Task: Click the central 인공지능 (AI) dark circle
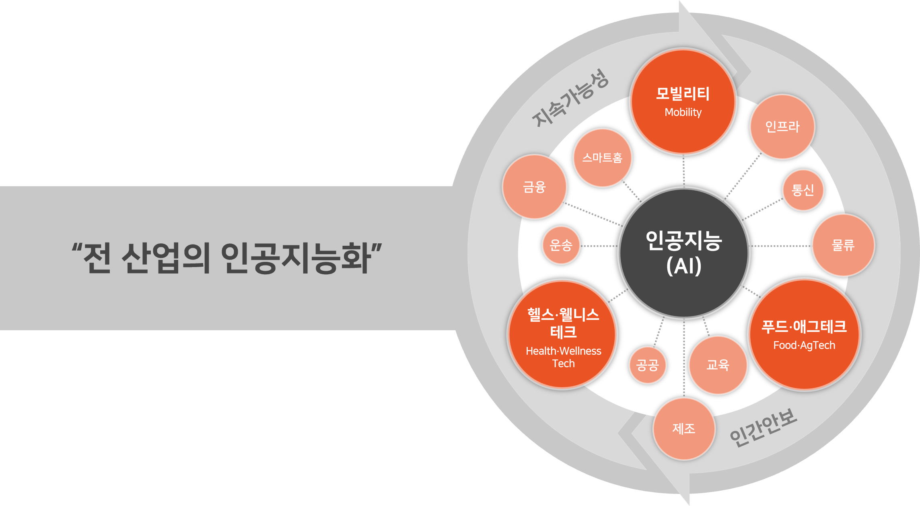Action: pos(684,253)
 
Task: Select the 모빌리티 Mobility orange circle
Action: pos(683,101)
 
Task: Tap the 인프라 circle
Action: pos(782,127)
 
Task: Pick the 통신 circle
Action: pos(803,190)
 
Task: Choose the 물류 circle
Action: pos(843,245)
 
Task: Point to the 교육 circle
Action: pos(718,365)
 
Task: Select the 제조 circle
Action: pos(684,429)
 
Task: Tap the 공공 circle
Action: pos(647,365)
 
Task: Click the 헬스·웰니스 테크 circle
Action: pos(563,335)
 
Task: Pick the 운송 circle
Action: pos(561,245)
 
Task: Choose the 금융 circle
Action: pos(535,187)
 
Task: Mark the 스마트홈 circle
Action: pos(602,158)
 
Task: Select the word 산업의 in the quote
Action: pos(166,258)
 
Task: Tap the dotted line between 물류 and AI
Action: pos(780,246)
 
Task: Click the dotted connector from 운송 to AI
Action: pos(599,246)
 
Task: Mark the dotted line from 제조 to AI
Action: pos(684,358)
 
